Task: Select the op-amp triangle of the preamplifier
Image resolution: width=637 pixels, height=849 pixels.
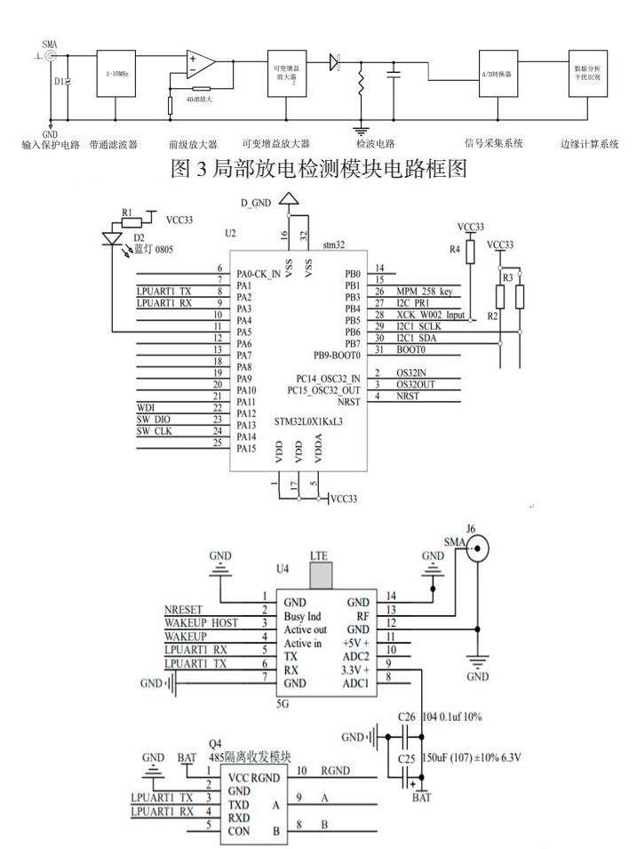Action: pyautogui.click(x=201, y=63)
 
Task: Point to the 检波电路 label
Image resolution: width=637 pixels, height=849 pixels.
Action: pyautogui.click(x=375, y=144)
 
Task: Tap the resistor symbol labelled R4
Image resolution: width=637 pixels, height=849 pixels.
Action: pyautogui.click(x=470, y=252)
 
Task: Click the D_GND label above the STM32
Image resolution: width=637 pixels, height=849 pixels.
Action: pyautogui.click(x=257, y=204)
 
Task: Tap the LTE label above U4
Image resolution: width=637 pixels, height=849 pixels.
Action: pyautogui.click(x=319, y=555)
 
